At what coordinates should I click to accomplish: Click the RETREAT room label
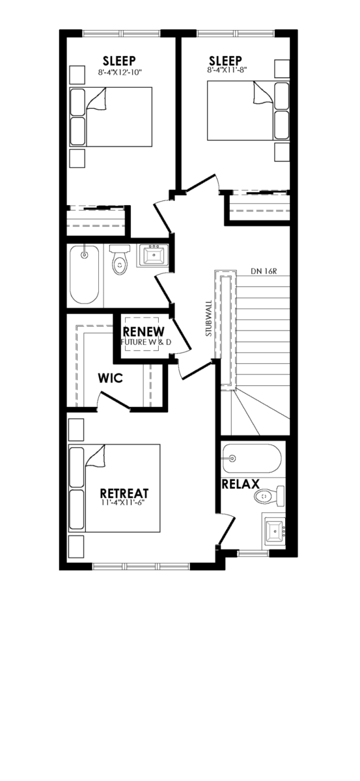click(x=124, y=493)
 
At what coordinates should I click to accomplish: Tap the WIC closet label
click(x=110, y=378)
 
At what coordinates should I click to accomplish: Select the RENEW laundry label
click(x=143, y=331)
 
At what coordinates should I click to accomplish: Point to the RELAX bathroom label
click(x=241, y=484)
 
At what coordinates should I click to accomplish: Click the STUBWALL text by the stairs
click(x=208, y=318)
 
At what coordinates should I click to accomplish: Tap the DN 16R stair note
click(x=264, y=271)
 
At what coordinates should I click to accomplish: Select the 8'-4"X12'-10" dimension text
click(x=120, y=72)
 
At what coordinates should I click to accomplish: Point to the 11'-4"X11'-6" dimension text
click(x=122, y=502)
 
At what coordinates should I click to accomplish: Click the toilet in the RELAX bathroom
click(x=270, y=496)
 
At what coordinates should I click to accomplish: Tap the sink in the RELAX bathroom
click(x=275, y=530)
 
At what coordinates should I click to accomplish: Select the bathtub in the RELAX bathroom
click(x=251, y=458)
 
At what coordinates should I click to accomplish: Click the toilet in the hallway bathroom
click(x=119, y=260)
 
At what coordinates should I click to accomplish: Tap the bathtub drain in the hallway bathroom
click(x=84, y=255)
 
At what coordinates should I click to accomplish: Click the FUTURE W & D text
click(x=146, y=342)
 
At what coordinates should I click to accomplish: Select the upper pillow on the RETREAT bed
click(x=77, y=467)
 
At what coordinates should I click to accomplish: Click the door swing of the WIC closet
click(x=114, y=400)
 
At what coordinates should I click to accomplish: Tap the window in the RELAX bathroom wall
click(x=253, y=553)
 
